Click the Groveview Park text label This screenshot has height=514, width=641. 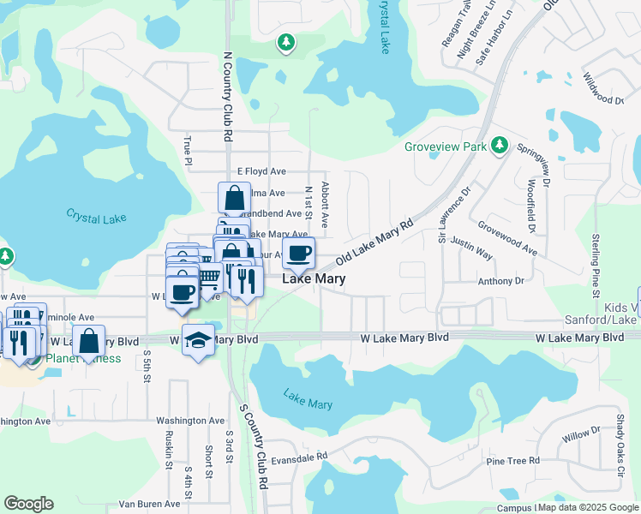[x=446, y=146]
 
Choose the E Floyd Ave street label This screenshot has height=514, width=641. [x=261, y=171]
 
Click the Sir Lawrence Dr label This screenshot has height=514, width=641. [x=455, y=216]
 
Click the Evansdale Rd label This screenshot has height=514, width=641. [x=299, y=458]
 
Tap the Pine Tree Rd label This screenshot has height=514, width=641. [x=512, y=461]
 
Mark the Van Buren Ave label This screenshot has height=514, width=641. [x=147, y=504]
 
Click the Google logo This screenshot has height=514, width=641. [x=29, y=503]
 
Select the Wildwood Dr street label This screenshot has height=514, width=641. [x=603, y=88]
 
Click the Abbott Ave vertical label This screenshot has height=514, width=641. [x=326, y=198]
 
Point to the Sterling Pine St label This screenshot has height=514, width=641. [x=596, y=266]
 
